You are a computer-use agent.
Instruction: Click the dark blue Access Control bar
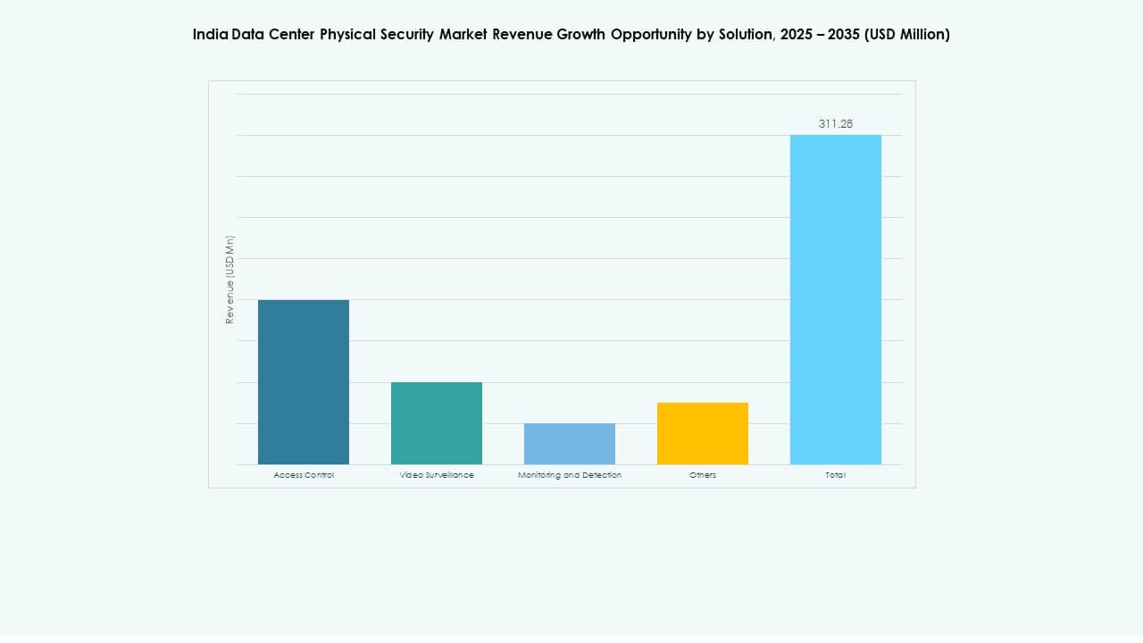(x=304, y=382)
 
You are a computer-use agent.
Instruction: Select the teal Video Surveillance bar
(x=437, y=423)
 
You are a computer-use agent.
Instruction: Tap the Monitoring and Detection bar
(x=570, y=444)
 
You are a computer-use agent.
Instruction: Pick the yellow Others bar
(x=703, y=433)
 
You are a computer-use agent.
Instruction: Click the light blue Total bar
(x=836, y=299)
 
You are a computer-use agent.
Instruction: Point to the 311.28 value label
(x=836, y=124)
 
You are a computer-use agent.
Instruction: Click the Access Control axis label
(x=304, y=475)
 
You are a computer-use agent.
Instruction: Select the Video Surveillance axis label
(x=437, y=475)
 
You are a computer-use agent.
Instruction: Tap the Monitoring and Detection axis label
(x=570, y=475)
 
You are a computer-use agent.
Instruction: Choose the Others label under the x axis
(x=703, y=475)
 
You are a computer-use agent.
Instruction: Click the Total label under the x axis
(x=836, y=475)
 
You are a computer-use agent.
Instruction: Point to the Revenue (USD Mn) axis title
(x=229, y=280)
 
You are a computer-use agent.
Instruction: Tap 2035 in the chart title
(x=842, y=35)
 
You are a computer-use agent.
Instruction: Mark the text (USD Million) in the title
(x=907, y=35)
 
